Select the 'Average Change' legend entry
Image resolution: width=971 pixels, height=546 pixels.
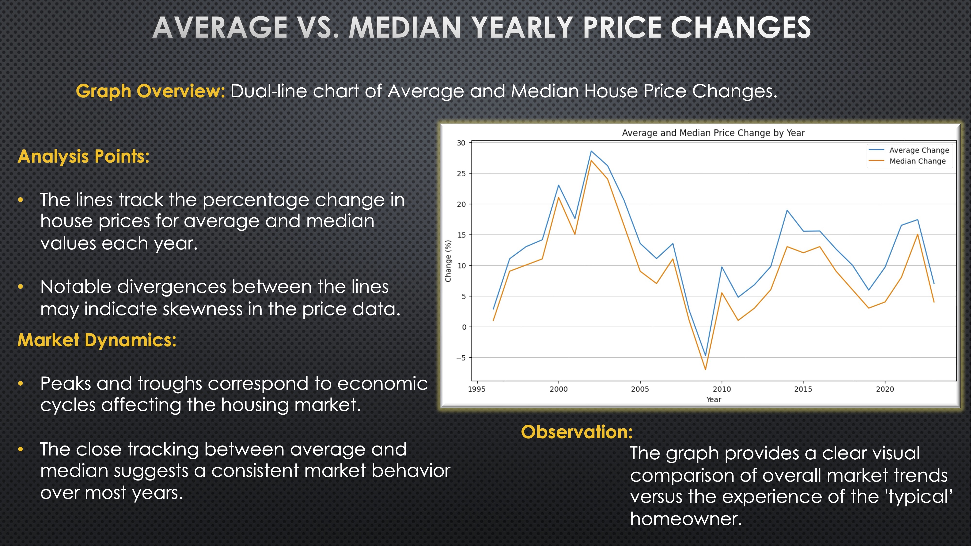pos(919,150)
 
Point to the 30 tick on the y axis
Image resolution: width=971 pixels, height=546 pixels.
pos(461,143)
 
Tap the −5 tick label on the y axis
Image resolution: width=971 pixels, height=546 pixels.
pos(461,358)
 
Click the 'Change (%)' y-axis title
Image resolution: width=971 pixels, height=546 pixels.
pos(448,261)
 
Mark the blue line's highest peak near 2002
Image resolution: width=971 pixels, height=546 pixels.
pos(591,151)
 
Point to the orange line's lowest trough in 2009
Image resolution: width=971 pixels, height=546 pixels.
pos(705,369)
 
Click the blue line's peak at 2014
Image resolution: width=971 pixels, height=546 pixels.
pos(787,210)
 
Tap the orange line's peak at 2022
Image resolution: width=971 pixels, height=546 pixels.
pos(918,234)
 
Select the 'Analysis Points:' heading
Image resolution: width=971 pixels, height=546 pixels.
pos(83,156)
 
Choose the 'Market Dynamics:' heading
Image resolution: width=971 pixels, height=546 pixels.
pos(97,340)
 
